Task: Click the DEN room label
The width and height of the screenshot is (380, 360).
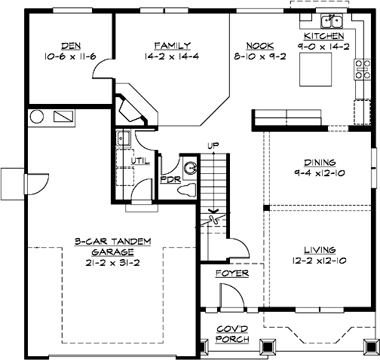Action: (x=60, y=44)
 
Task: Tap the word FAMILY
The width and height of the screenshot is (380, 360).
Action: (x=172, y=44)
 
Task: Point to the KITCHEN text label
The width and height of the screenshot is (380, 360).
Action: (x=324, y=36)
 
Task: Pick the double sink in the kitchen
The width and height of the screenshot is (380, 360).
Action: (x=332, y=20)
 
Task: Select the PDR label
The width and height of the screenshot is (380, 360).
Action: (x=169, y=179)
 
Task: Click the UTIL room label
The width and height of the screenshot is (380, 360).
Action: (x=141, y=160)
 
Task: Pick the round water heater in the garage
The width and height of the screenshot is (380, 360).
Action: (x=35, y=117)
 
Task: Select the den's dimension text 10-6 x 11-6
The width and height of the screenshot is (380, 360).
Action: (x=60, y=56)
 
